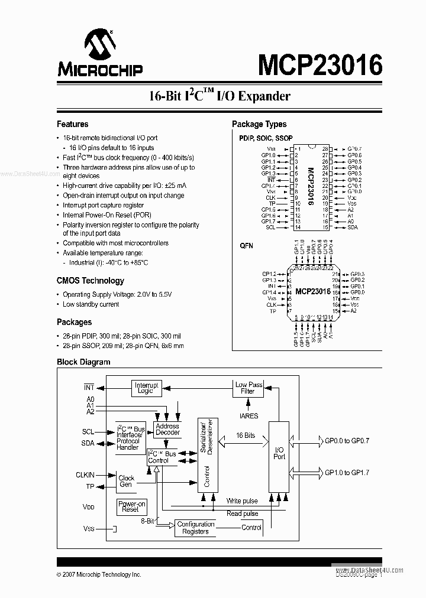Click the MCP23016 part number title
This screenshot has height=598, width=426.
[x=319, y=64]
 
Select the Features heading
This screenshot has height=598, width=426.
[x=72, y=124]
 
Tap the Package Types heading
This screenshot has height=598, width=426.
[x=259, y=124]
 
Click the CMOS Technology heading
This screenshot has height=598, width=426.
[x=90, y=281]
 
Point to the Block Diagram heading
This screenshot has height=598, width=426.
[x=83, y=362]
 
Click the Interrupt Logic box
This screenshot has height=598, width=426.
[x=147, y=388]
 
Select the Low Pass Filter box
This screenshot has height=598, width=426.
[x=248, y=388]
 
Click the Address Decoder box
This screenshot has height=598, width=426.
[x=167, y=429]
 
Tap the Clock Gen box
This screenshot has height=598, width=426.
[x=126, y=481]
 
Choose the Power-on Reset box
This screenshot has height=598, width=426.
[x=130, y=506]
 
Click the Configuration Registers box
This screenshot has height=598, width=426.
[x=195, y=528]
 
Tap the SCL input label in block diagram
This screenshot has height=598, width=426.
[x=88, y=432]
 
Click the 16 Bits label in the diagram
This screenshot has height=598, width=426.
[x=246, y=435]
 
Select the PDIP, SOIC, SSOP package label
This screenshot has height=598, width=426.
[x=266, y=137]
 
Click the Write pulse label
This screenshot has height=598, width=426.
[x=242, y=501]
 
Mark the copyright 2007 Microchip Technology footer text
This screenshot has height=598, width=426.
[x=99, y=574]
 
